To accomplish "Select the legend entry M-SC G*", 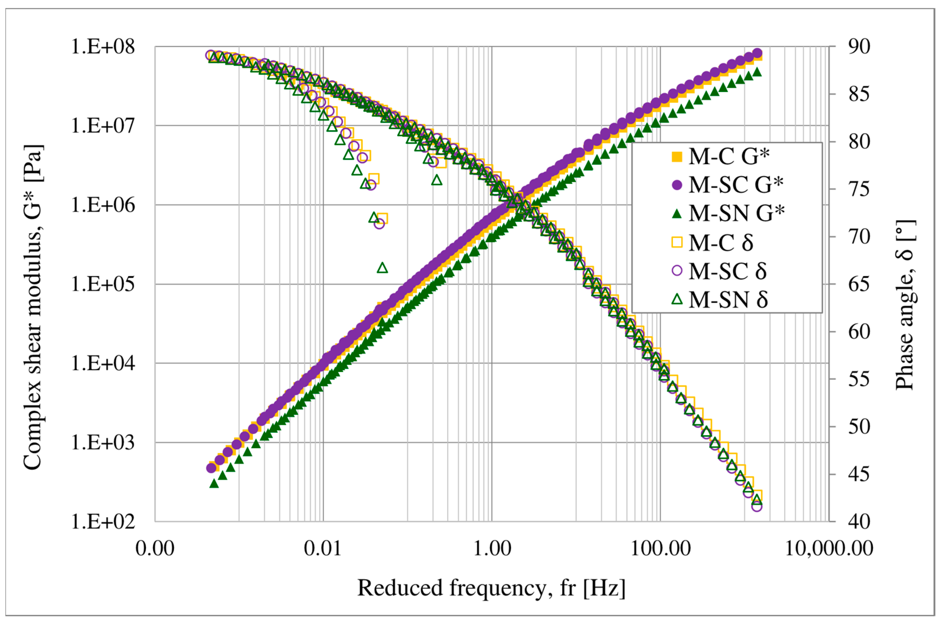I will [727, 185].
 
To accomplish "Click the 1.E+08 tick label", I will [103, 47].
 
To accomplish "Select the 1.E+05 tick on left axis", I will [103, 284].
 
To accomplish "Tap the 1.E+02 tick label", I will [103, 521].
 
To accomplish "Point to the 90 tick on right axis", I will [859, 47].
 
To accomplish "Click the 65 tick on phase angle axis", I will [859, 284].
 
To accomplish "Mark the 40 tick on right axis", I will [859, 521].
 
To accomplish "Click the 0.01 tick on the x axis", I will [323, 548].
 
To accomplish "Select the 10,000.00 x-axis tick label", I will [829, 548].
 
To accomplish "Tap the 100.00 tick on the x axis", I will [660, 548].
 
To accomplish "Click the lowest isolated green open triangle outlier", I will [383, 267].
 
